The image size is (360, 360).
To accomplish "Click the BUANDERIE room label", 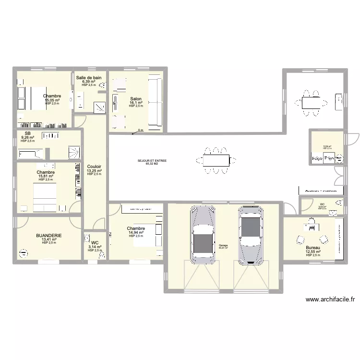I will point(48,236).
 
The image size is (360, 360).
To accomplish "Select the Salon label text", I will point(135,99).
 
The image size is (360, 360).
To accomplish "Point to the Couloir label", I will point(94,167).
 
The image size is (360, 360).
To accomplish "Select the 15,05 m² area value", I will point(51,100).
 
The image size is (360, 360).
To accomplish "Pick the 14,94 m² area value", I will point(136,233).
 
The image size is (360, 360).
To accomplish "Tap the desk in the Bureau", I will point(311,225).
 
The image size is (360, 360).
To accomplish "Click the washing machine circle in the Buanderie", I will point(22,252).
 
